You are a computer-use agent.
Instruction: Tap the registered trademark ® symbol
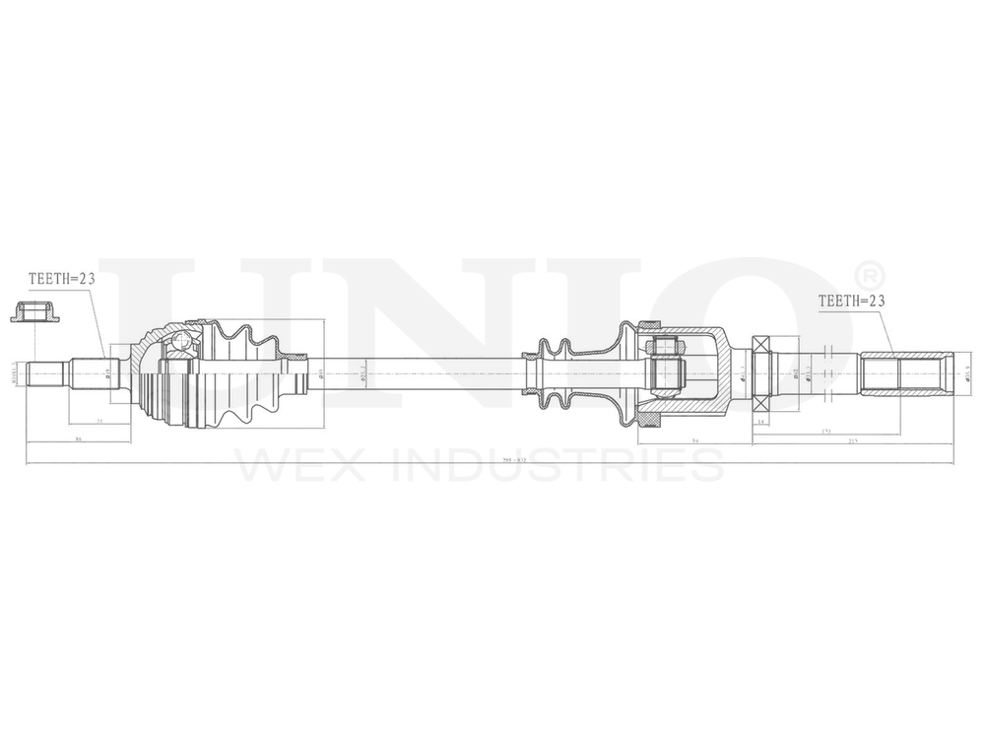click(871, 273)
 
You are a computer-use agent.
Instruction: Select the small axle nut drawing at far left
click(33, 314)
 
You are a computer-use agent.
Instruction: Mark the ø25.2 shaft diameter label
click(363, 374)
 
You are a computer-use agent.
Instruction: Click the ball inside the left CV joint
click(180, 342)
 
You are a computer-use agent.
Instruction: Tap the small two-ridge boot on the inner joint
click(555, 374)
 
